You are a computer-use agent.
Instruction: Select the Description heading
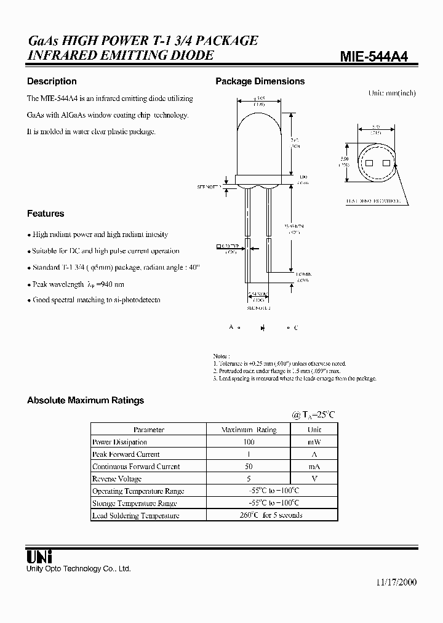click(x=52, y=81)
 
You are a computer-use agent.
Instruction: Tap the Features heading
click(x=46, y=214)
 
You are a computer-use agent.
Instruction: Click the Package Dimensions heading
click(x=260, y=81)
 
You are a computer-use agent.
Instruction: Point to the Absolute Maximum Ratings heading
click(x=86, y=400)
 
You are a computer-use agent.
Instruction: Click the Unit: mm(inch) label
click(x=392, y=93)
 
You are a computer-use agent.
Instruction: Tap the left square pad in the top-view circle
click(x=370, y=163)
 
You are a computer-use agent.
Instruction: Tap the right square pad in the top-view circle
click(x=386, y=163)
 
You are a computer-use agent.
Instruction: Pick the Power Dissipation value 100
click(x=249, y=442)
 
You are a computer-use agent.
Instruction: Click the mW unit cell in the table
click(x=314, y=442)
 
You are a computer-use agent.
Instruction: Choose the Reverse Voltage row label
click(x=117, y=479)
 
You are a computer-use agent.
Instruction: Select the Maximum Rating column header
click(x=249, y=430)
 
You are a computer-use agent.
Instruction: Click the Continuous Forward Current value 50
click(x=249, y=467)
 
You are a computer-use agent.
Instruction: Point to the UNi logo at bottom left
click(x=39, y=556)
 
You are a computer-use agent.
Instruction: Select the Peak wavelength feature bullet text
click(x=78, y=284)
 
